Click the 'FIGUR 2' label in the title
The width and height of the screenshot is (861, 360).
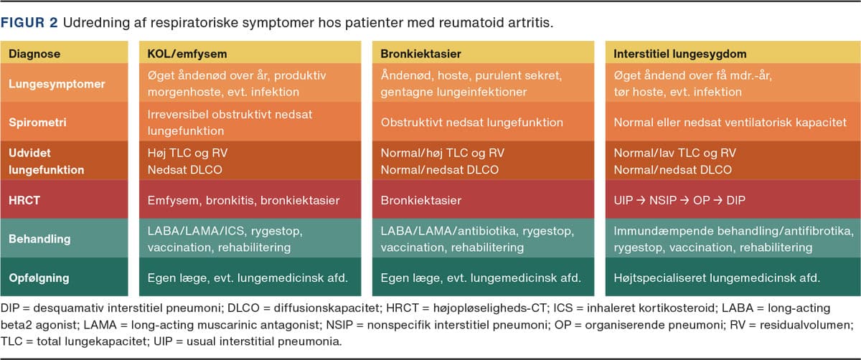click(29, 23)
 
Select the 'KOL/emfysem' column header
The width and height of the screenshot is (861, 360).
click(187, 54)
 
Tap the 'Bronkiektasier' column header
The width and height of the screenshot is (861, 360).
click(421, 54)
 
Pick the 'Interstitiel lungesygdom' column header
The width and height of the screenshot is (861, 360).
click(680, 54)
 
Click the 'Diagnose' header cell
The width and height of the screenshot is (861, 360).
click(34, 54)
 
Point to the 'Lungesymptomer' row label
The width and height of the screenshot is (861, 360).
click(57, 84)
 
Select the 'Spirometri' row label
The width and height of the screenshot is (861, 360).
click(37, 123)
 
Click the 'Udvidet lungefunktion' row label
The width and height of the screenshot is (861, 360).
click(47, 161)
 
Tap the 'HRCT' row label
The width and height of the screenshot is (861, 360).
click(24, 200)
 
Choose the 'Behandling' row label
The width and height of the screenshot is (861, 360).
click(39, 239)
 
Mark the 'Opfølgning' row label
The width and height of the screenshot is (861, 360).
click(39, 278)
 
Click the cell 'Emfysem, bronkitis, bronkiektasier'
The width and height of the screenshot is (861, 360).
click(244, 200)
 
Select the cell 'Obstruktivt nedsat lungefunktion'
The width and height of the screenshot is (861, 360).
click(472, 123)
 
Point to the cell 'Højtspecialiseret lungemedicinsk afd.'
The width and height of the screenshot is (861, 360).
click(717, 278)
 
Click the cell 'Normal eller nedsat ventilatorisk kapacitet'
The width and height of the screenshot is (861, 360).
click(730, 123)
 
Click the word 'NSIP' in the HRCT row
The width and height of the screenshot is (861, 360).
click(663, 200)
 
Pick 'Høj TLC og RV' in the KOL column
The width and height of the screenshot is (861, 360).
click(187, 153)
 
